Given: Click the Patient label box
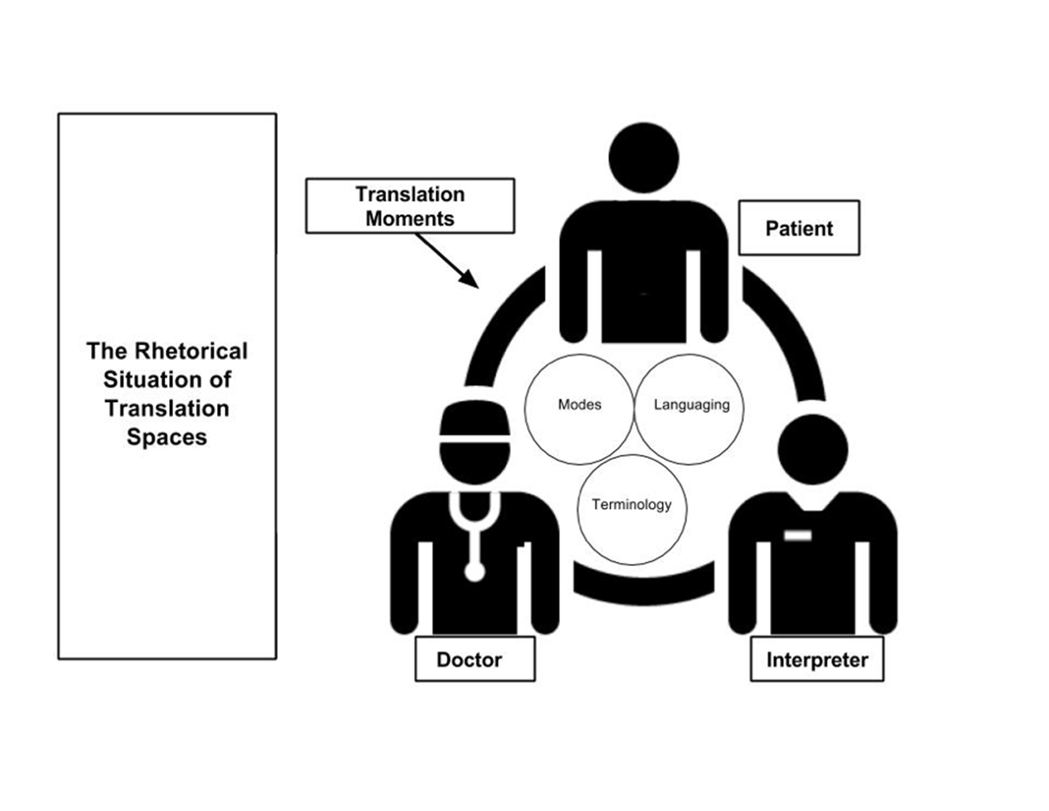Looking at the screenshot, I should [x=799, y=228].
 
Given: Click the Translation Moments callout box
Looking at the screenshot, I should [x=410, y=206].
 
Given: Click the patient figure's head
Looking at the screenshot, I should [x=644, y=158].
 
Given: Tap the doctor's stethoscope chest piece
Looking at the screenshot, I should [x=475, y=572].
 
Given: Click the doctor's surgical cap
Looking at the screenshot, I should [x=475, y=418].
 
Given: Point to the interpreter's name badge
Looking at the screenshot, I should [x=798, y=535].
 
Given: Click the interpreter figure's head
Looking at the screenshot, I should [x=813, y=449].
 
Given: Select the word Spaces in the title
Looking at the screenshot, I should [x=167, y=437].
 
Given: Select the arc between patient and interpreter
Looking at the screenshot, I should [x=788, y=332].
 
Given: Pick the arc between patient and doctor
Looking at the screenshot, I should [x=500, y=332].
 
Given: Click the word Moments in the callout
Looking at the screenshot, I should [x=410, y=219].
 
